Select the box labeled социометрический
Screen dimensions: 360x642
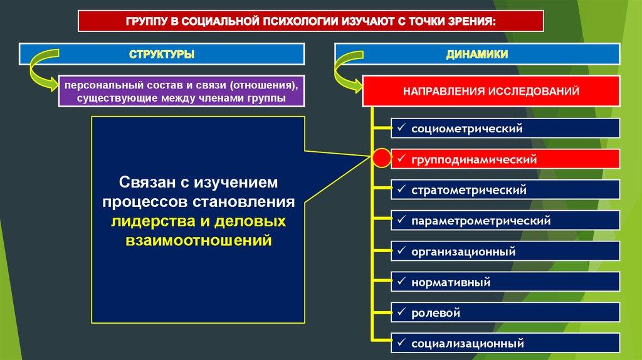[x=505, y=129]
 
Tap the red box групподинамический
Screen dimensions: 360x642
[x=505, y=160]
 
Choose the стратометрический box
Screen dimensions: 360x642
[x=505, y=190]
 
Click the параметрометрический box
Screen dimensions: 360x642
[x=505, y=221]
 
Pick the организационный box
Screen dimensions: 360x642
[x=505, y=251]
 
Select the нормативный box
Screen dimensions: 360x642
[x=505, y=282]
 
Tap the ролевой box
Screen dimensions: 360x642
[x=505, y=312]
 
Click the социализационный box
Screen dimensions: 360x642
[x=505, y=343]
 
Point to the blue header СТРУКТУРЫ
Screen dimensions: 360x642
[x=162, y=55]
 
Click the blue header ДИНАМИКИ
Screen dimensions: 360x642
[x=476, y=55]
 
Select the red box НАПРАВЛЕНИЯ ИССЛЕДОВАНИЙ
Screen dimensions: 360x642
[x=491, y=92]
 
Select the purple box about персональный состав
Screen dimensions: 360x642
[x=181, y=91]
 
